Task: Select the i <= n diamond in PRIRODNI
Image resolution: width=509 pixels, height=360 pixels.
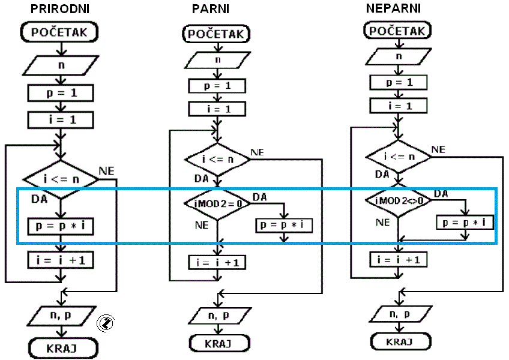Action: (x=61, y=178)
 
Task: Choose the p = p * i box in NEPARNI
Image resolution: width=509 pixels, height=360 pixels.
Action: (x=464, y=223)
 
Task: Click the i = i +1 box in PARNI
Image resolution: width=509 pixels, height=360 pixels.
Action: (x=217, y=262)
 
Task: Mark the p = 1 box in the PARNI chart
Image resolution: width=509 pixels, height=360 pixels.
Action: (x=217, y=86)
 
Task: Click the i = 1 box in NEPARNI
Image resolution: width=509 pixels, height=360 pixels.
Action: (x=398, y=105)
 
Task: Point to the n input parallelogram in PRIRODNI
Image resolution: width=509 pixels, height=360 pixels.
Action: (x=61, y=64)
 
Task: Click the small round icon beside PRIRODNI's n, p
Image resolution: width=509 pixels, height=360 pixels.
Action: (x=105, y=323)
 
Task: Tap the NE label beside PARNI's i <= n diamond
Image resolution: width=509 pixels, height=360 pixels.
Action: (x=258, y=152)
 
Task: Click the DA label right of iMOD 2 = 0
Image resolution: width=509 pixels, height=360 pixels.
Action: (x=260, y=197)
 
